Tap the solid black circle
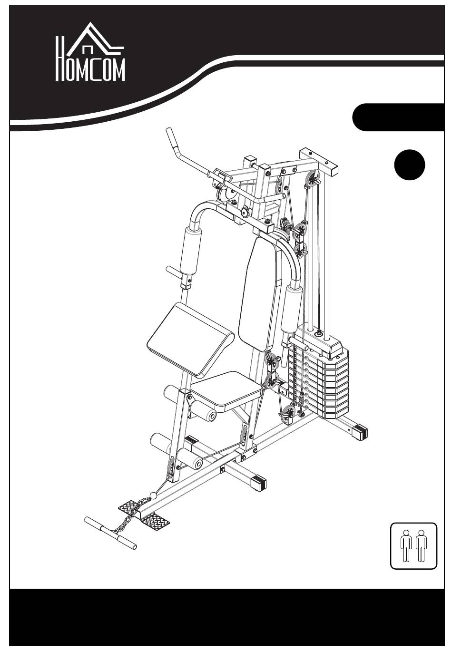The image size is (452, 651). [x=410, y=165]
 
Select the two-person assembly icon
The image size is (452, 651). [x=413, y=545]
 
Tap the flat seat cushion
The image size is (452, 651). [x=227, y=388]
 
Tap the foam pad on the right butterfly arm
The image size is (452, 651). [x=292, y=309]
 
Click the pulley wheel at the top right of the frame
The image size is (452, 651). [x=314, y=180]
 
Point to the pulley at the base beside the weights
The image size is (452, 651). [x=289, y=413]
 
